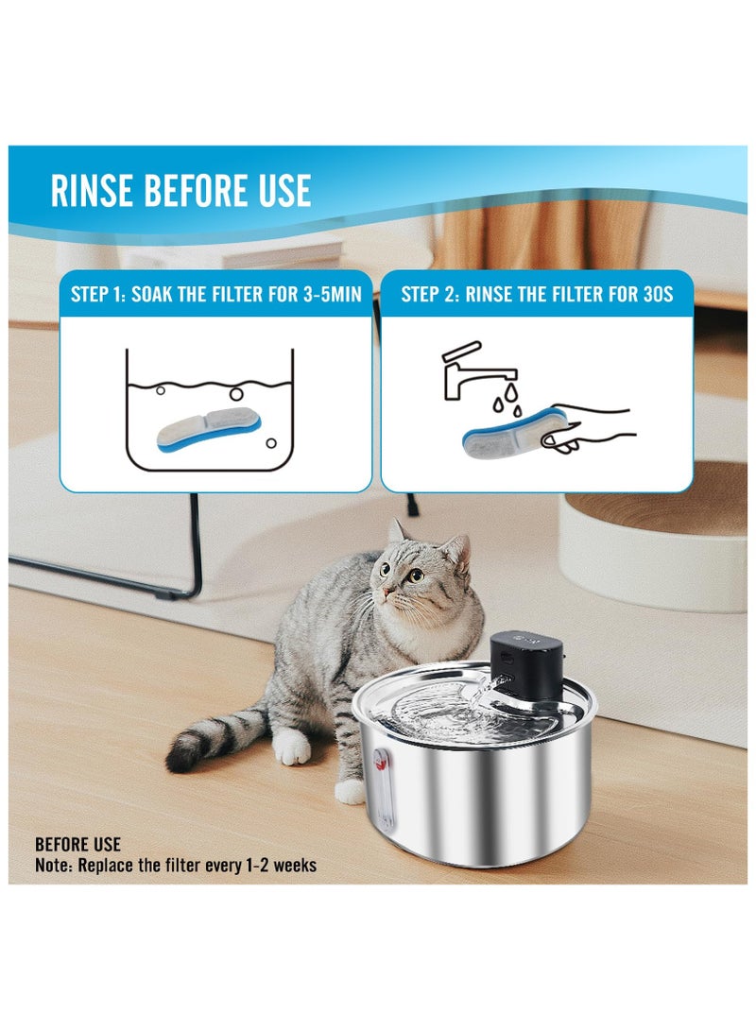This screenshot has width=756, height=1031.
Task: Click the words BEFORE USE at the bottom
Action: [x=77, y=845]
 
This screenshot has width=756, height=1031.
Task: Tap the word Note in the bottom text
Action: [x=54, y=865]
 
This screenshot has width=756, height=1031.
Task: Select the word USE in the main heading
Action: [x=278, y=190]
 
